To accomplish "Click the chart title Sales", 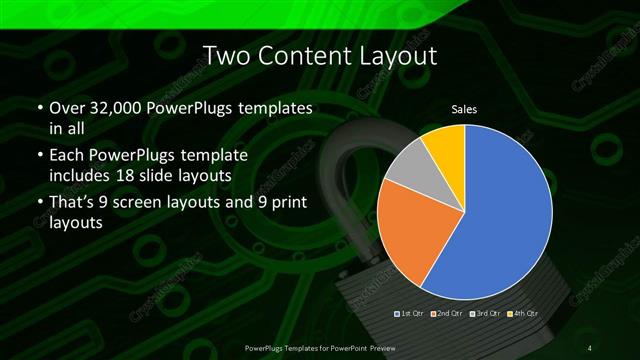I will [464, 108].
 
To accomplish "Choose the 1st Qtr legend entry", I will [410, 314].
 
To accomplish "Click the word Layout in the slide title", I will [392, 57].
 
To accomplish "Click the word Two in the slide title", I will [225, 57].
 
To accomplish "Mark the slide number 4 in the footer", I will [590, 346].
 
